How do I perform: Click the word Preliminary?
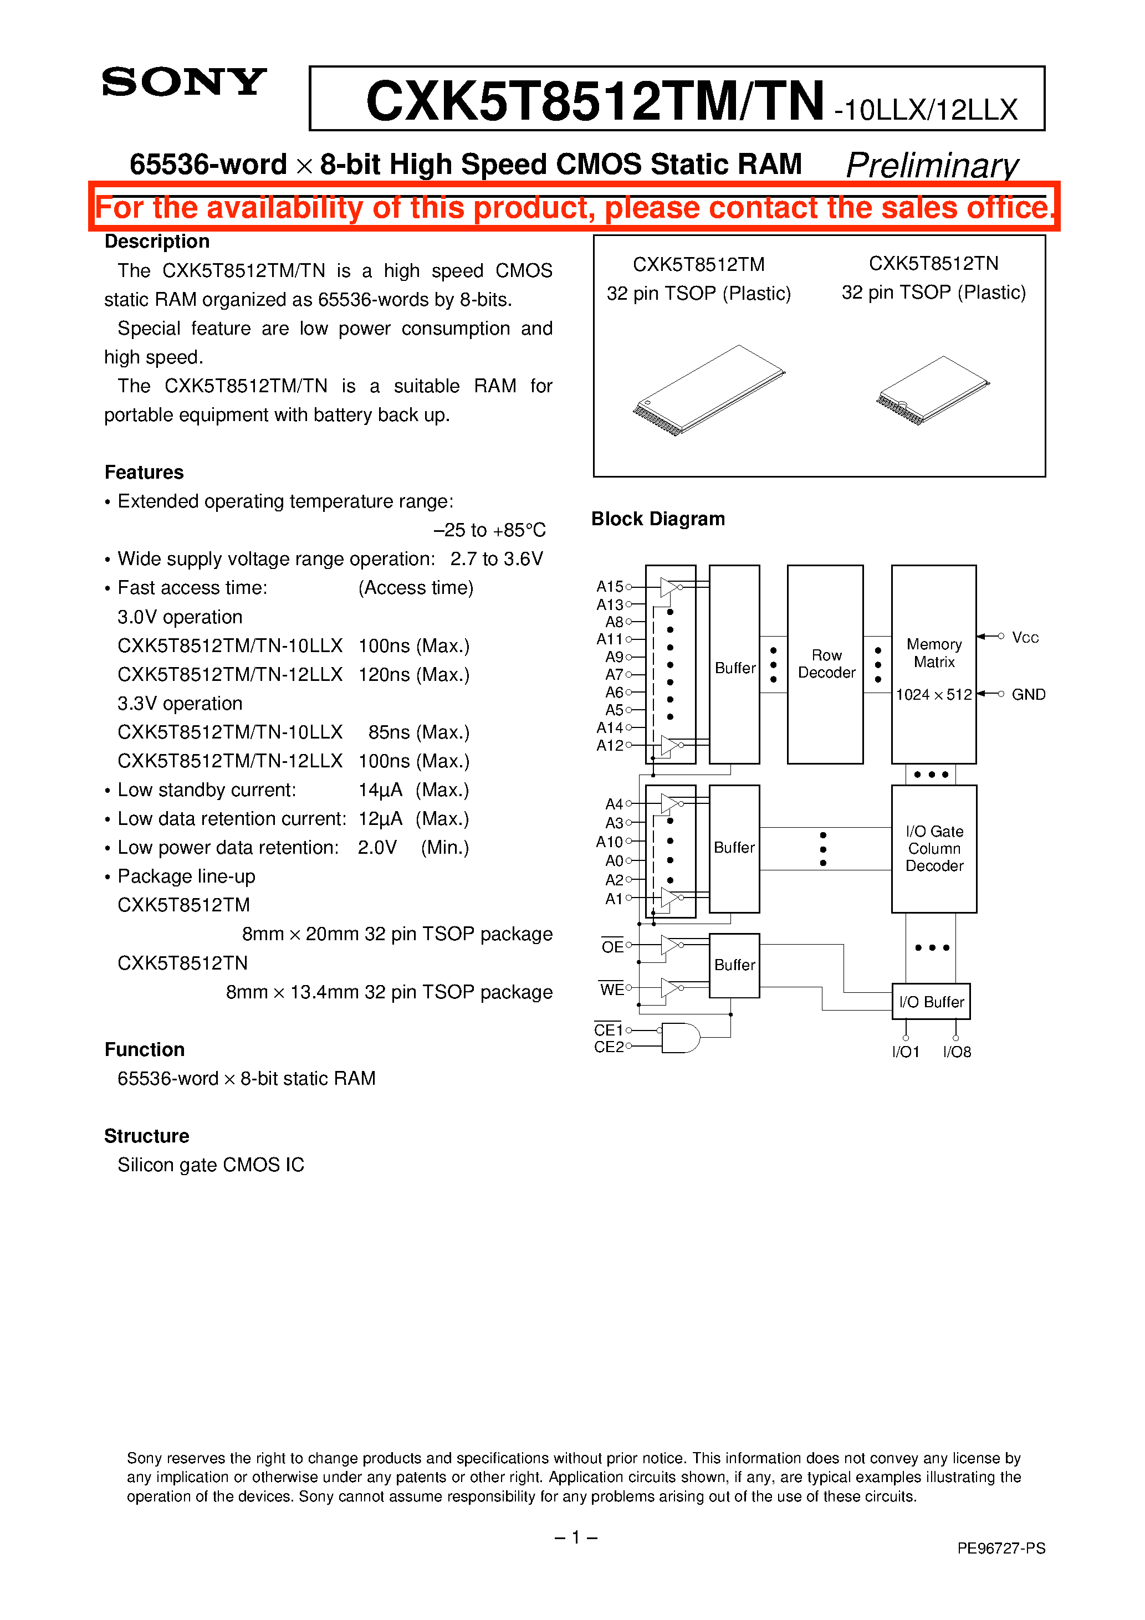click(932, 166)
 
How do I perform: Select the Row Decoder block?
click(825, 664)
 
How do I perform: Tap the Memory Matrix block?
click(933, 664)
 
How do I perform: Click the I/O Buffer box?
click(931, 1001)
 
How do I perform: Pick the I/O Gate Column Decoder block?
click(934, 849)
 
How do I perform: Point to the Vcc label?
click(1025, 638)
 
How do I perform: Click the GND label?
click(1028, 694)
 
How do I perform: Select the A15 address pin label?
click(610, 586)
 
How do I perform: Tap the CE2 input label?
click(609, 1047)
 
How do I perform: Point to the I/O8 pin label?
click(957, 1052)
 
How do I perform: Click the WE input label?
click(611, 989)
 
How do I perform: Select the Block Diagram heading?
click(658, 519)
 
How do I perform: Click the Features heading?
click(144, 472)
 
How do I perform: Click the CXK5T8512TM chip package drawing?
click(709, 390)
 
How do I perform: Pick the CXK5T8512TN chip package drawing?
click(933, 390)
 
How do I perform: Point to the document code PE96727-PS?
click(1001, 1548)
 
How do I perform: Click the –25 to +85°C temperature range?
click(489, 530)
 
